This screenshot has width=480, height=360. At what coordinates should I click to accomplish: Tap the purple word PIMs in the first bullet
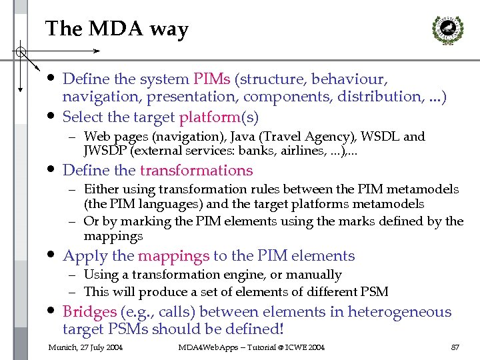pyautogui.click(x=212, y=79)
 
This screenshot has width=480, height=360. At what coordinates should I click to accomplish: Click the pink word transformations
pyautogui.click(x=196, y=171)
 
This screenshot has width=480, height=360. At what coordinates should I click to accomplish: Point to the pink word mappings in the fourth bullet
pyautogui.click(x=173, y=256)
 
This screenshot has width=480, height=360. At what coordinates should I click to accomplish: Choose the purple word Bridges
pyautogui.click(x=90, y=312)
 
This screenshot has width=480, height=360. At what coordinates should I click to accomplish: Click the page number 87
pyautogui.click(x=455, y=347)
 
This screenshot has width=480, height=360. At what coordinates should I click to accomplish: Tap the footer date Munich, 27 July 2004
pyautogui.click(x=85, y=347)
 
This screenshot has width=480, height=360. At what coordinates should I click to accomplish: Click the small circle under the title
pyautogui.click(x=21, y=51)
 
